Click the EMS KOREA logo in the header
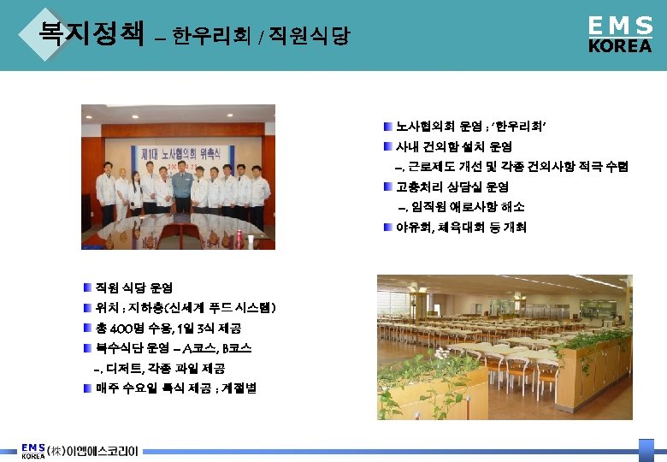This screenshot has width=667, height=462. coord(620,35)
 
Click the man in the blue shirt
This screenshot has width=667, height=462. coord(181,189)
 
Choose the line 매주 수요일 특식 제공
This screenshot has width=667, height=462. coord(176,388)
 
